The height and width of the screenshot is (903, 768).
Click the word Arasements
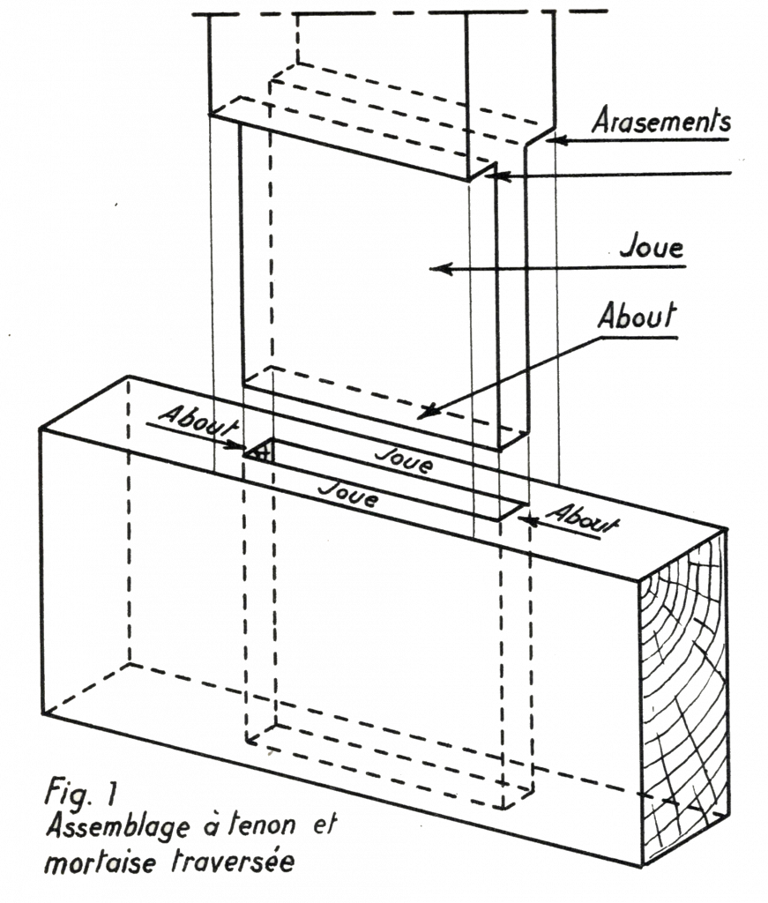(x=661, y=120)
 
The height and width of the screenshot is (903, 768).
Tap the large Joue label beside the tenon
(x=652, y=247)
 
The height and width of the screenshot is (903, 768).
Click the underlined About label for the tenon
(x=637, y=316)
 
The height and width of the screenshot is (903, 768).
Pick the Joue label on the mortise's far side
(x=404, y=460)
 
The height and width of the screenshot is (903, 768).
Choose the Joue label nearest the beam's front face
(x=349, y=494)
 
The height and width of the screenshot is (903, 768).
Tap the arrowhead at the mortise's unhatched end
(x=528, y=520)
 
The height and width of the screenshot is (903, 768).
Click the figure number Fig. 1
(x=80, y=793)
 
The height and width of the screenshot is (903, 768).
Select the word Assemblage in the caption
(x=117, y=827)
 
